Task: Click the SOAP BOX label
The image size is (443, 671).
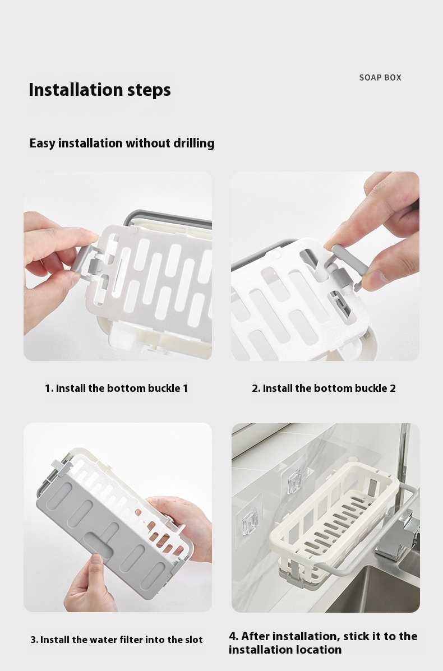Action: pos(380,77)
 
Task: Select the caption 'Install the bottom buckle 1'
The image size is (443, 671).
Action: pos(116,388)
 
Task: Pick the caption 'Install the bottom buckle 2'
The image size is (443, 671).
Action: pos(324,388)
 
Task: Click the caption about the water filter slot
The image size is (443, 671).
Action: pos(117,640)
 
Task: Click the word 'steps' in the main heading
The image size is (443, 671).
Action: pos(149,90)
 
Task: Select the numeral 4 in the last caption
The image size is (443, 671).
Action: pos(232,636)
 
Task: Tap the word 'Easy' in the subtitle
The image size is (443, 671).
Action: pos(43,143)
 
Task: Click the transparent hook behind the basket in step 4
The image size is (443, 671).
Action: pos(295,482)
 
